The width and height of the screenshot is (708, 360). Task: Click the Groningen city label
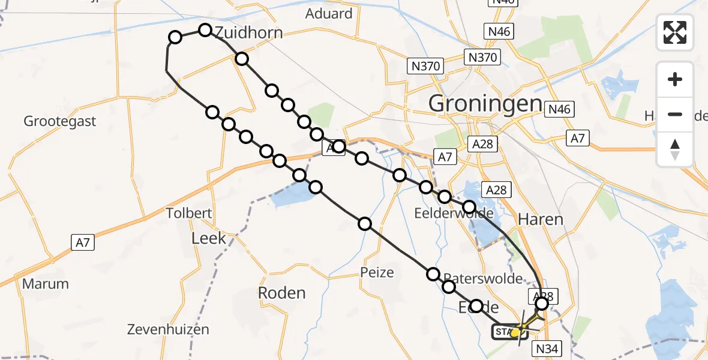tap(485, 104)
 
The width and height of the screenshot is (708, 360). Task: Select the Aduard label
tap(329, 13)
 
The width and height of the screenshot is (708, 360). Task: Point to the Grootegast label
tap(60, 121)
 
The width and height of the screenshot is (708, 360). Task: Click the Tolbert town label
tap(189, 214)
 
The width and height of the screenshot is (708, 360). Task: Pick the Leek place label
tap(209, 238)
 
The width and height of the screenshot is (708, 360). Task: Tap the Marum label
tap(46, 283)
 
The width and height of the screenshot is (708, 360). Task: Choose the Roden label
tap(281, 293)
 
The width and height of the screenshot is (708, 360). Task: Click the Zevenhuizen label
tap(168, 329)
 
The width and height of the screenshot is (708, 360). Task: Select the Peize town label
tap(377, 272)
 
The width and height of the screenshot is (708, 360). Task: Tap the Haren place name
tap(542, 220)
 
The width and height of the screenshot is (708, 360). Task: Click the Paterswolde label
tap(483, 279)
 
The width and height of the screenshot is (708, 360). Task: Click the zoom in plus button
tap(676, 79)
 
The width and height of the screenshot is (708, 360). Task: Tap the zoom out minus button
tap(676, 114)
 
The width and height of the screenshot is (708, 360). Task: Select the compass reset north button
tap(676, 149)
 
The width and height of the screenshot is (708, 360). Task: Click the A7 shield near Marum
tap(82, 242)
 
